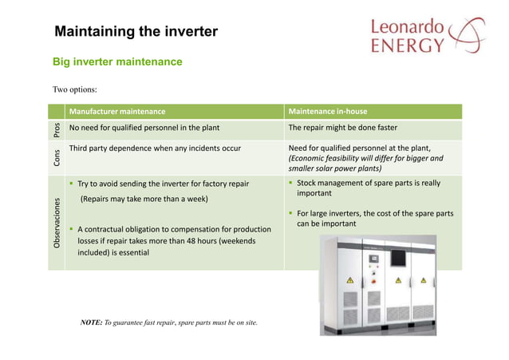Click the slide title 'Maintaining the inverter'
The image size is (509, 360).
[x=136, y=32]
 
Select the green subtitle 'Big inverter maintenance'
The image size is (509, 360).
[x=117, y=61]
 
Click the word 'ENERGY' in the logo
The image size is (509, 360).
[x=406, y=47]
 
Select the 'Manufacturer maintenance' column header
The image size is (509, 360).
[x=117, y=111]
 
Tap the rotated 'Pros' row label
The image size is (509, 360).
[x=56, y=130]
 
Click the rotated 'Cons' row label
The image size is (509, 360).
[x=56, y=157]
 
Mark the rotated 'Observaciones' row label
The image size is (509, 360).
[x=56, y=223]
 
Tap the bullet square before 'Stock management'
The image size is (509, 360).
[x=291, y=184]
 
